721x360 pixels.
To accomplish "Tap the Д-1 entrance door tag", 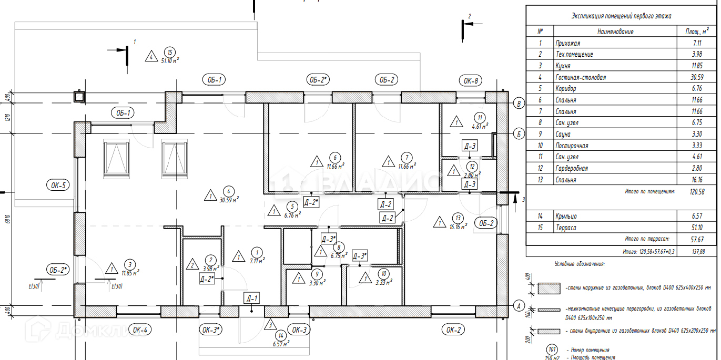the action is tap(252, 299).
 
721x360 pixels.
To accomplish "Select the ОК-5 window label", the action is tap(57, 185).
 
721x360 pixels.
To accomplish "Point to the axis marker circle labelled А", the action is tap(519, 305).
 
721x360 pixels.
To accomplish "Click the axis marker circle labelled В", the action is tap(519, 104).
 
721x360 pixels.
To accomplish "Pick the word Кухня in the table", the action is tap(563, 66).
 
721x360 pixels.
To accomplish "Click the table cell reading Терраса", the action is tap(565, 228).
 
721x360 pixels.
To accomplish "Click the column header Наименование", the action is tap(615, 32).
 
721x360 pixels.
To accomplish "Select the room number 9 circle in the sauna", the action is tap(317, 273).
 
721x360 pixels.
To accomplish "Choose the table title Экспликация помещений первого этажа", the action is tap(621, 16).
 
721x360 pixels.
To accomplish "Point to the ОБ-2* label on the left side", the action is tap(58, 270).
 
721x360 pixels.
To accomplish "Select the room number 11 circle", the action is tap(479, 117).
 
